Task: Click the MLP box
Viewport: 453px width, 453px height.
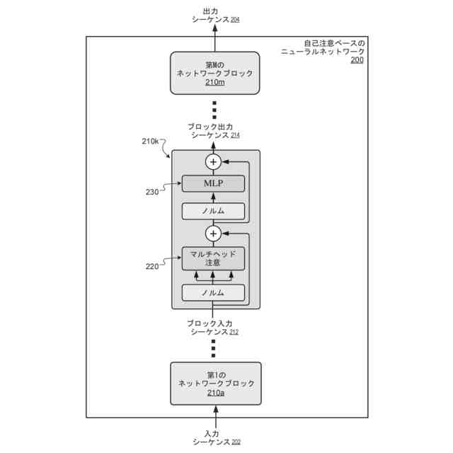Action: (213, 183)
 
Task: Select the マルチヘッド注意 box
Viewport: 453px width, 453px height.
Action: (213, 258)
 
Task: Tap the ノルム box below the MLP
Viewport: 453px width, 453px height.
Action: (213, 211)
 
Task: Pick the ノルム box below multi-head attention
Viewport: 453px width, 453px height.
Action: (213, 292)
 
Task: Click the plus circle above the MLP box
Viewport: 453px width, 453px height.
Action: (213, 162)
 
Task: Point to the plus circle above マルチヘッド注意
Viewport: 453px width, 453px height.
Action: (213, 234)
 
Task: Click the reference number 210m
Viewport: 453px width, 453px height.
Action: (215, 82)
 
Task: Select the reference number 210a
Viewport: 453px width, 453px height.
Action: (216, 393)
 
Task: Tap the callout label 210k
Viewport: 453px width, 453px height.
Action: (150, 142)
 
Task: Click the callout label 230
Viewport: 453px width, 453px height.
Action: (152, 192)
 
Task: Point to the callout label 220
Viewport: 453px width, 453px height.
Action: (152, 266)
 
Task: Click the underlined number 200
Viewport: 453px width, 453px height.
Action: (357, 59)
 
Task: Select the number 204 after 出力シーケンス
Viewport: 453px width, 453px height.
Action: (235, 20)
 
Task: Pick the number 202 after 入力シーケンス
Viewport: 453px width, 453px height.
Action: (236, 442)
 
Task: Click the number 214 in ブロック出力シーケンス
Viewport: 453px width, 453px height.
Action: (235, 135)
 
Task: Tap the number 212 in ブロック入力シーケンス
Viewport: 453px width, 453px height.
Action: (234, 332)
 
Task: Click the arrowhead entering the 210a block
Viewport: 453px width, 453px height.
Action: (215, 409)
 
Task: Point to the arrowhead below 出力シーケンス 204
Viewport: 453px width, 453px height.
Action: (215, 28)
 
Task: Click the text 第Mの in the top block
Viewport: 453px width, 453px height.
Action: (214, 65)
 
